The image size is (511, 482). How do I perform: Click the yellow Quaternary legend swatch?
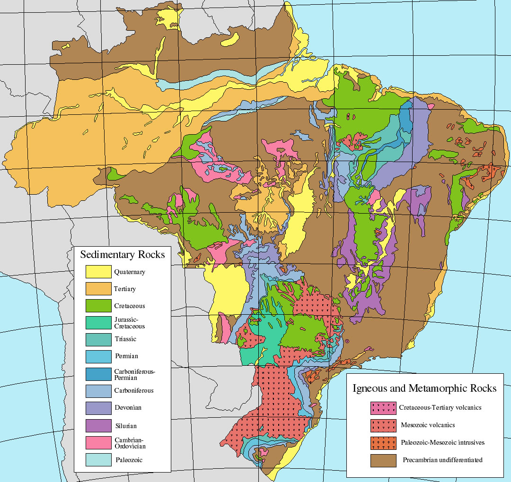point(98,272)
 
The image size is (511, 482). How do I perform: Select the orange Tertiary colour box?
point(98,289)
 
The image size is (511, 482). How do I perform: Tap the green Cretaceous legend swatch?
point(98,306)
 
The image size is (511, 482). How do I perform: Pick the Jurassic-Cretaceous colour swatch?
point(98,323)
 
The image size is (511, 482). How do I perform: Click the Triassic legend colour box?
point(98,339)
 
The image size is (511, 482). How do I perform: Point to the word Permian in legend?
point(126,356)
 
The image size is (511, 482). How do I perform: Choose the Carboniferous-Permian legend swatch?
point(98,374)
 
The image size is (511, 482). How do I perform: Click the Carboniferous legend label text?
point(133,391)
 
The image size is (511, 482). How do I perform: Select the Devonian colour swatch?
point(98,407)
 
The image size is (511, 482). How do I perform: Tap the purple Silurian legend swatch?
point(98,425)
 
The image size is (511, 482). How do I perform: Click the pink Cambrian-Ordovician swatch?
point(98,442)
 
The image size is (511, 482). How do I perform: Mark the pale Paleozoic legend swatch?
point(98,459)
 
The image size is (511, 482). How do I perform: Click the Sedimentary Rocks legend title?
point(123,255)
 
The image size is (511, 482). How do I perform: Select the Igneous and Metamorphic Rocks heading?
point(424,388)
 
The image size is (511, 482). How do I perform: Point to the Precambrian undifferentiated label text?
point(442,460)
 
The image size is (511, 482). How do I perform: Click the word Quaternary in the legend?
point(129,272)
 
